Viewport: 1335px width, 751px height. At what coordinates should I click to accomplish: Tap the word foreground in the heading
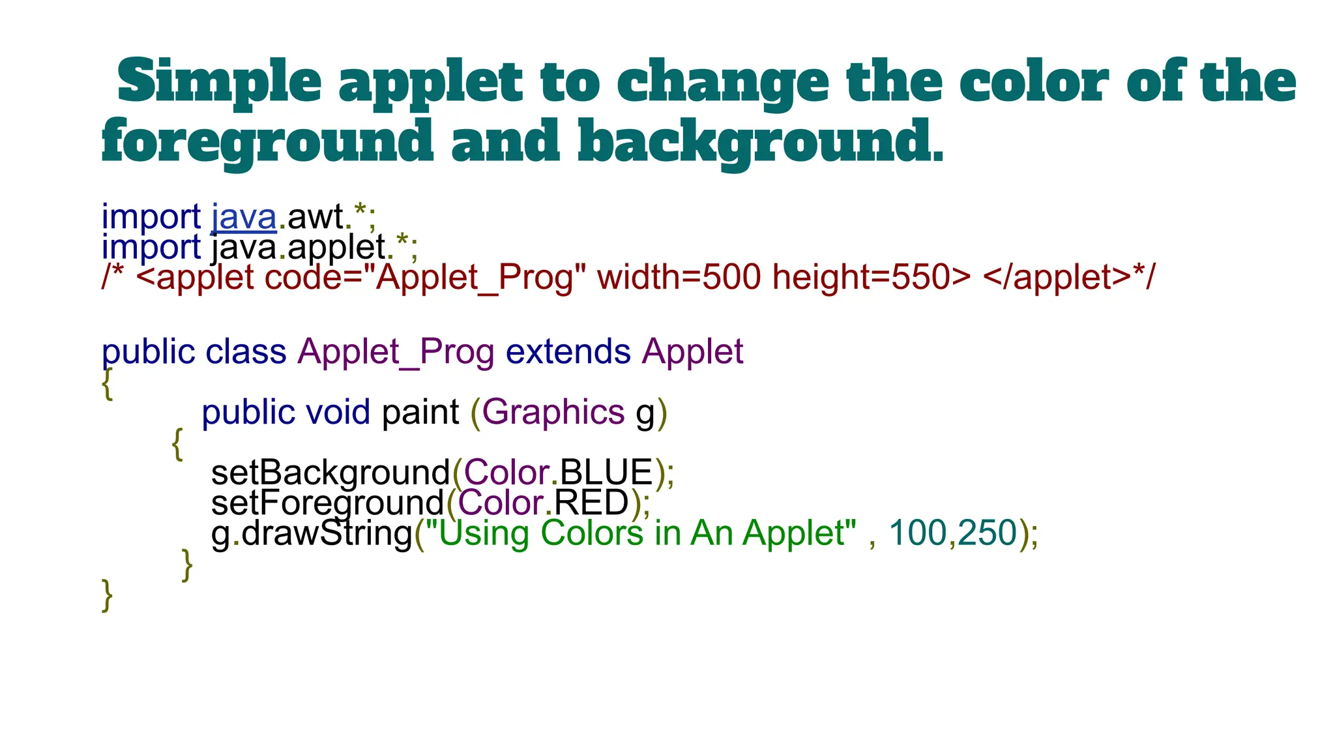(x=267, y=141)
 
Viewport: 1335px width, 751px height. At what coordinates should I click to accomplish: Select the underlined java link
(x=244, y=217)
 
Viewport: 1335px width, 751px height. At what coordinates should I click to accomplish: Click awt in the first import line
(x=315, y=217)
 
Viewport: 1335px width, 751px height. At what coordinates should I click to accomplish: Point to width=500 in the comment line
(x=679, y=277)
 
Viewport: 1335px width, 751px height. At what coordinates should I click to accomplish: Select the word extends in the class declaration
(x=568, y=352)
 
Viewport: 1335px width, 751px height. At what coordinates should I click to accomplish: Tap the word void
(x=338, y=412)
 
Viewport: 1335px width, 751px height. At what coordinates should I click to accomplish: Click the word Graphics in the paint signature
(x=553, y=412)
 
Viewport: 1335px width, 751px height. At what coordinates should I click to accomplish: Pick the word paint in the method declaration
(x=420, y=412)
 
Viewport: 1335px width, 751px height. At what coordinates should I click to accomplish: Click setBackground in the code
(x=330, y=473)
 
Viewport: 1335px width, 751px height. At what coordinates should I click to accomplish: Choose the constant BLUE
(x=606, y=473)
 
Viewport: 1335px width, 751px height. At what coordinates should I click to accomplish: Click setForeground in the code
(x=327, y=503)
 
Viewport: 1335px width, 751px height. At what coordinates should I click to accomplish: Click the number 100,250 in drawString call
(x=953, y=533)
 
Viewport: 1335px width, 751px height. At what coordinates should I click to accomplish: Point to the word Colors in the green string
(x=592, y=533)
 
